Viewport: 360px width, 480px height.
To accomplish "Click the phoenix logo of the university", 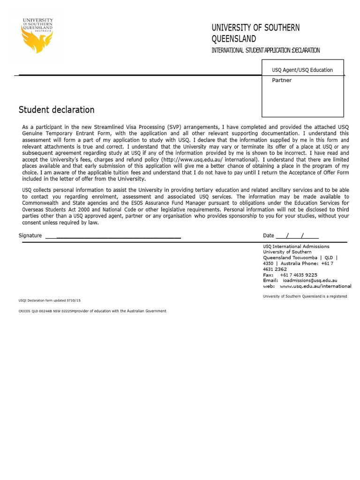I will (37, 40).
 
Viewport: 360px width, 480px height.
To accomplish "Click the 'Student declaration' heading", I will (56, 110).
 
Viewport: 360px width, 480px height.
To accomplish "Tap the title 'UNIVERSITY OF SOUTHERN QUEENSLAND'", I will (255, 33).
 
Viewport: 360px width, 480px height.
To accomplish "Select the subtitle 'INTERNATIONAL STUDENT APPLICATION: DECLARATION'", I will (266, 51).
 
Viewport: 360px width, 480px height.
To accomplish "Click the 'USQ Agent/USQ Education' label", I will (302, 70).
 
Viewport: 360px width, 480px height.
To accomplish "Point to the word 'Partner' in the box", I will (282, 80).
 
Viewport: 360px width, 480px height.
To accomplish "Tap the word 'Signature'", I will (30, 235).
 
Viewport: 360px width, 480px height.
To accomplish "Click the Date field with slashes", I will (297, 235).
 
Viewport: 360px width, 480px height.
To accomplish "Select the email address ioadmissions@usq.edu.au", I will (309, 280).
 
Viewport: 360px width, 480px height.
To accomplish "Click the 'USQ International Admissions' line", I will (296, 247).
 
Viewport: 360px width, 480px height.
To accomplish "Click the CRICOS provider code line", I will (92, 311).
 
